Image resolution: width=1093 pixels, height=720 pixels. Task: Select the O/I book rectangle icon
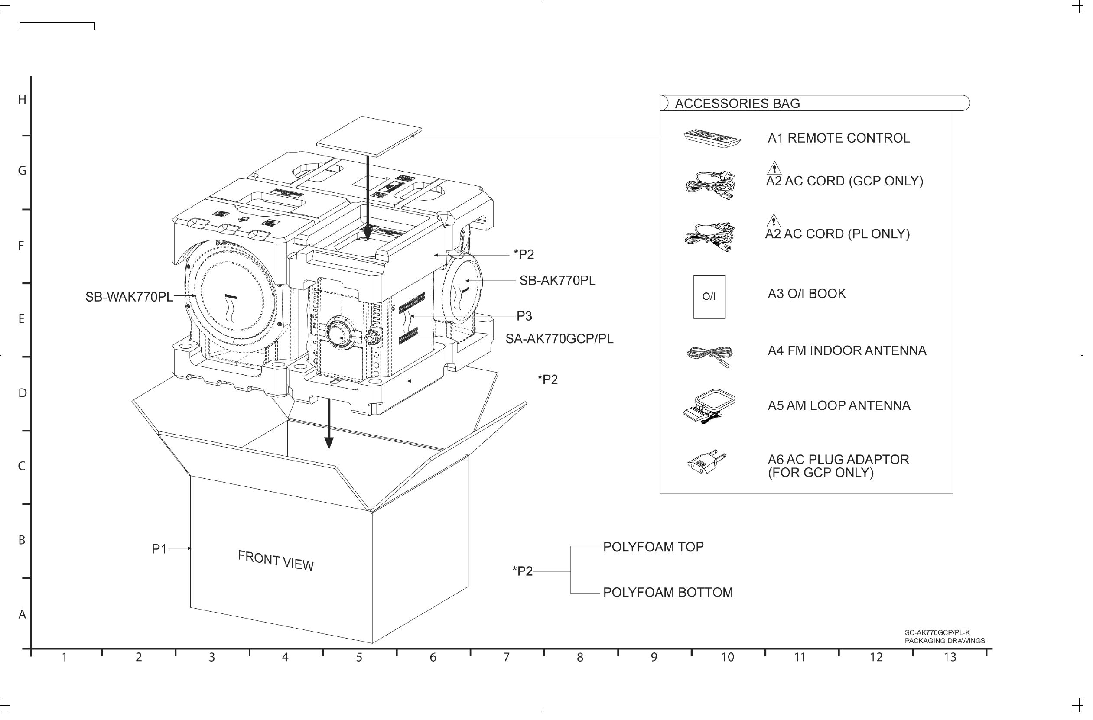click(716, 299)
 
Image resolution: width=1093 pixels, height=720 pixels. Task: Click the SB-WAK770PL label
click(130, 299)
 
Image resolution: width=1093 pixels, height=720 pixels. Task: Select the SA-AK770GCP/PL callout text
click(564, 342)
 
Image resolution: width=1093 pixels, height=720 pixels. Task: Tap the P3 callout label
click(529, 319)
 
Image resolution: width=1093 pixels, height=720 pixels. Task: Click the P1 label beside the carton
click(160, 553)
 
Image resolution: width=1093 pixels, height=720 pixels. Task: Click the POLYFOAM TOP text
click(659, 551)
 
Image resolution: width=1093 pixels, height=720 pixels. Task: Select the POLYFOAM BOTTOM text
click(674, 597)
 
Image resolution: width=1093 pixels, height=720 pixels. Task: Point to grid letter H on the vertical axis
click(22, 100)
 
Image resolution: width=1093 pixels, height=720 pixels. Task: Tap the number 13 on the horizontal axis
click(958, 663)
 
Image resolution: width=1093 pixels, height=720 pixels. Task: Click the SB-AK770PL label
click(562, 283)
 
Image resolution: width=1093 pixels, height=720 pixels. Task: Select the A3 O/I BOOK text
click(814, 296)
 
